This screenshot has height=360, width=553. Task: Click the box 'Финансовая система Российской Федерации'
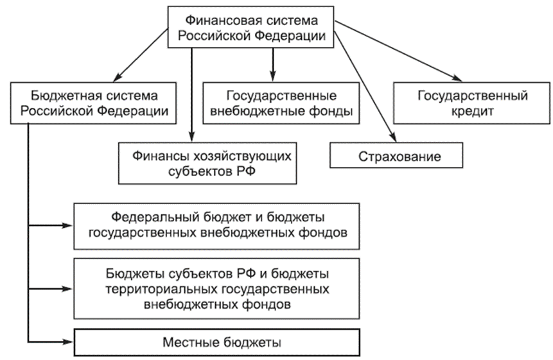[250, 27]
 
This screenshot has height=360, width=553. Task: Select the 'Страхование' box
[396, 155]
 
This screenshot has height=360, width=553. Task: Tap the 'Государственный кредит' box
[471, 103]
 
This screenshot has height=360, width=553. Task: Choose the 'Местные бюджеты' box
[216, 342]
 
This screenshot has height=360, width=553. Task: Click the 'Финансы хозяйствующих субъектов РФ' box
[207, 163]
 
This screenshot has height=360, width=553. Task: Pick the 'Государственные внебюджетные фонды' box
[281, 103]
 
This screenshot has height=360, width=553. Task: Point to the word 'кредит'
[473, 111]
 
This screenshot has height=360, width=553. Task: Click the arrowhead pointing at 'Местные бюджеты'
[67, 341]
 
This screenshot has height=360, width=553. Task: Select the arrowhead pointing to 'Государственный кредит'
[457, 78]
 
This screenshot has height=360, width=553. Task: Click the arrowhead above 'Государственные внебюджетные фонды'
[272, 76]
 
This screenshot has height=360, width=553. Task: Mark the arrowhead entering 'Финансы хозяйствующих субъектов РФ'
[191, 136]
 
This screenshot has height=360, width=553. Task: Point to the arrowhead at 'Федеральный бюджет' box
[67, 225]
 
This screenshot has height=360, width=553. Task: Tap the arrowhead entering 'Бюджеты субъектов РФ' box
[67, 289]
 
